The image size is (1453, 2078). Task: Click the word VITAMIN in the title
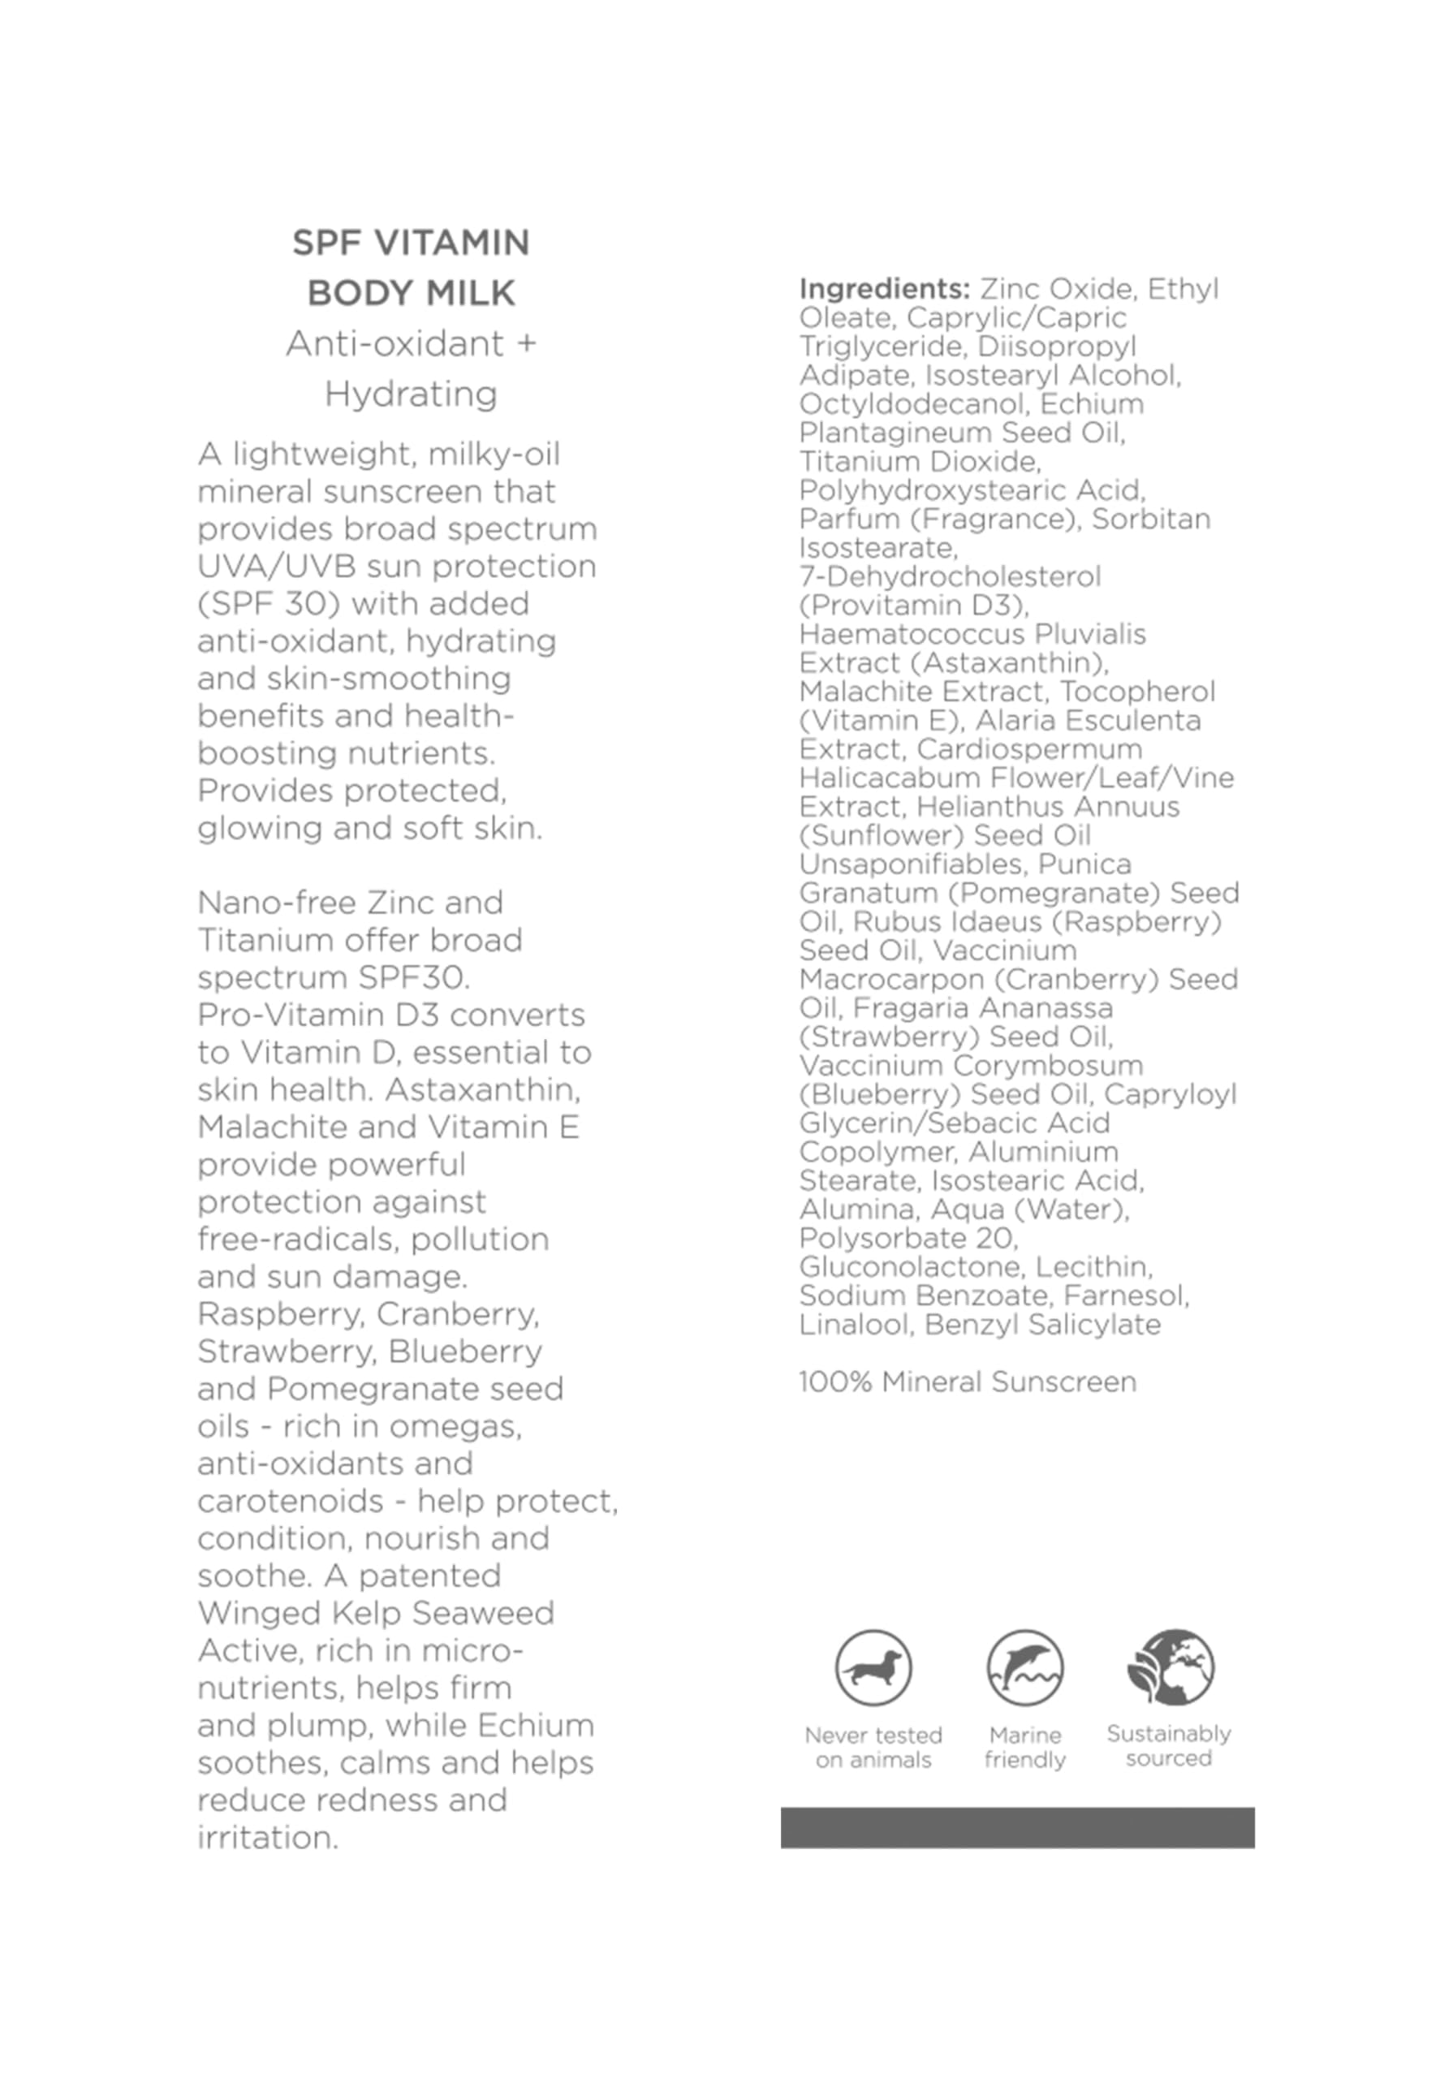pyautogui.click(x=452, y=243)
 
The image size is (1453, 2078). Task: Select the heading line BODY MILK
pyautogui.click(x=411, y=293)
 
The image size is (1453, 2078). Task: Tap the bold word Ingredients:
pyautogui.click(x=883, y=289)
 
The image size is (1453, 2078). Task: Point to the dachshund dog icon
pyautogui.click(x=873, y=1667)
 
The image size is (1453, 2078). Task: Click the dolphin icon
pyautogui.click(x=1024, y=1667)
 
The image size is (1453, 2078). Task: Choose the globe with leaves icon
pyautogui.click(x=1170, y=1666)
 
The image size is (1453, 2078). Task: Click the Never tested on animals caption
pyautogui.click(x=873, y=1747)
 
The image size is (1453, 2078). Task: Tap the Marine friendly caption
pyautogui.click(x=1024, y=1747)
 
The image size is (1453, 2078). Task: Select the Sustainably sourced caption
pyautogui.click(x=1169, y=1746)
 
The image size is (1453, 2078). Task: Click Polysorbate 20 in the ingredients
pyautogui.click(x=908, y=1237)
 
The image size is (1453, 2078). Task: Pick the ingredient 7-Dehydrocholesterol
pyautogui.click(x=950, y=576)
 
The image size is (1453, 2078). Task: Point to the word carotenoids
pyautogui.click(x=291, y=1502)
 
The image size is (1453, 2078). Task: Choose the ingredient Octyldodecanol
pyautogui.click(x=912, y=403)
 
